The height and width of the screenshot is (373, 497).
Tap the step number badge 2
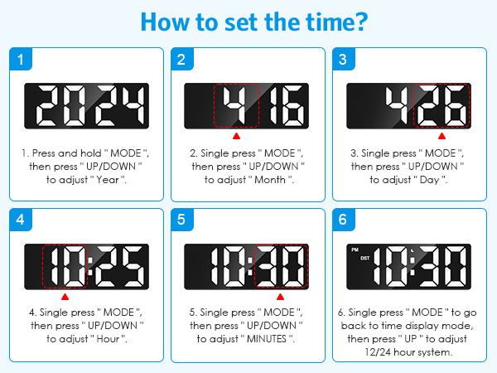[x=181, y=59]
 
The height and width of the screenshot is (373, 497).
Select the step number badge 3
[x=342, y=59]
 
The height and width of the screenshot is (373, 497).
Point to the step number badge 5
[x=181, y=220]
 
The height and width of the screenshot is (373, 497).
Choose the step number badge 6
[x=342, y=220]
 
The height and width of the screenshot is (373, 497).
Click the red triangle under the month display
[x=236, y=134]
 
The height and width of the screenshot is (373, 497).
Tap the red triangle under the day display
[x=442, y=134]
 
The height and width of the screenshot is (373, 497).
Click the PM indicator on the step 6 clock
[x=355, y=249]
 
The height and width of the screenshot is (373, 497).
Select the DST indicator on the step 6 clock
[x=364, y=258]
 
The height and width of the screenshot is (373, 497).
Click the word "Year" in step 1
[x=110, y=180]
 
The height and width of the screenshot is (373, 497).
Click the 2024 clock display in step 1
[x=86, y=106]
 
